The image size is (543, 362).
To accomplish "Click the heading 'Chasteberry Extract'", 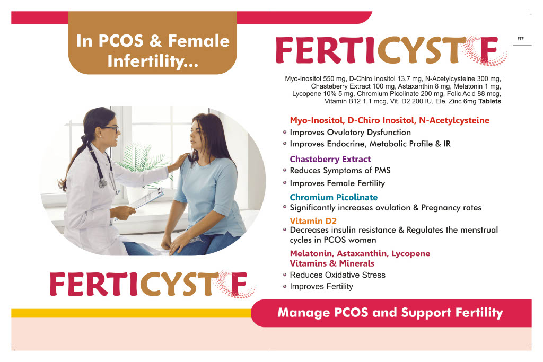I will click(330, 159).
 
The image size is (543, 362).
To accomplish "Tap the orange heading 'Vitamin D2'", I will click(313, 221).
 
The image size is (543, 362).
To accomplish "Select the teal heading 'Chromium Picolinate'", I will click(334, 197).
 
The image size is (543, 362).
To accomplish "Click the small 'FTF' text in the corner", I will click(521, 39).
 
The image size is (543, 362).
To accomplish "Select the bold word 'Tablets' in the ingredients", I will click(489, 101).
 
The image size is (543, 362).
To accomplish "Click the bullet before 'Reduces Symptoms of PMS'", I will click(285, 170).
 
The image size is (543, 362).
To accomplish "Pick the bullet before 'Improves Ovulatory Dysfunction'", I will click(285, 132).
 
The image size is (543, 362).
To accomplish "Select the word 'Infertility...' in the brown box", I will click(152, 61).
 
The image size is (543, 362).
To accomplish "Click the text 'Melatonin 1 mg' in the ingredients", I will click(478, 86).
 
